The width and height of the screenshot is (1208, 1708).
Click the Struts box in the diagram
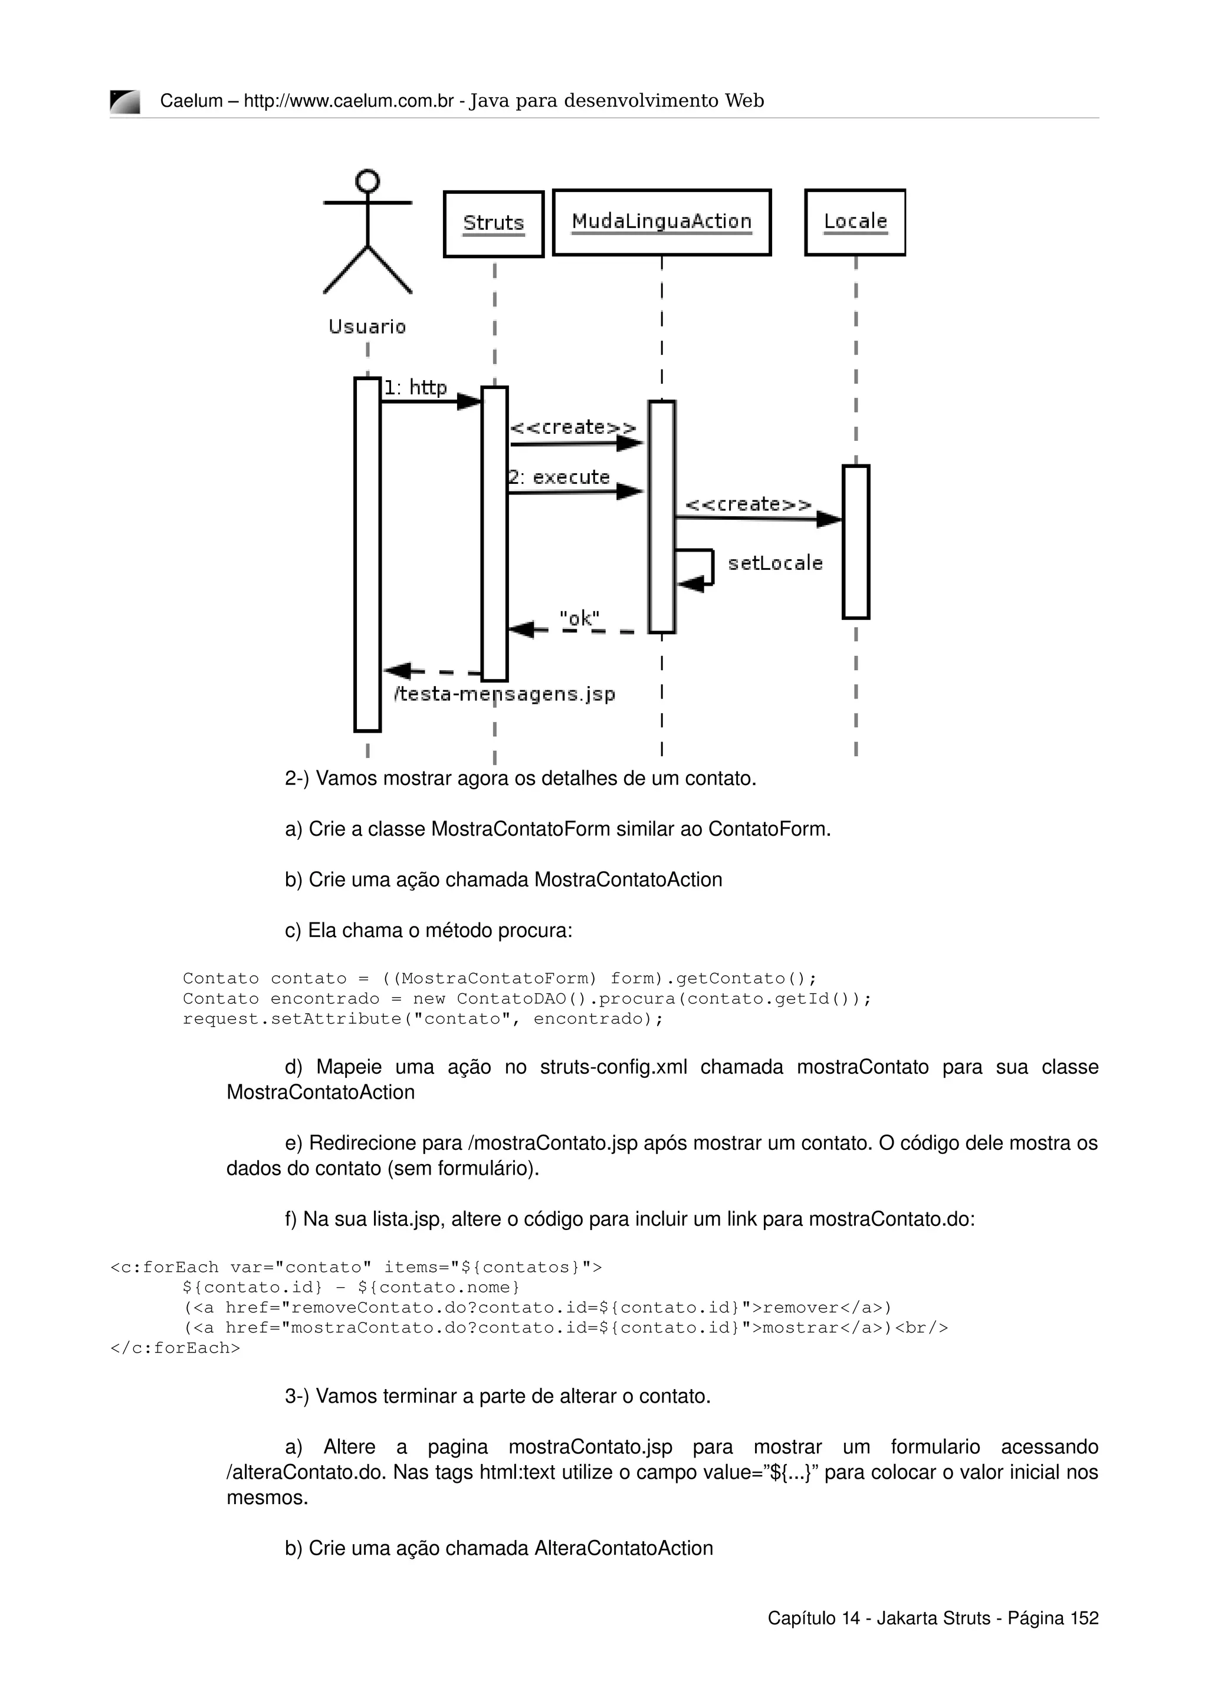point(494,224)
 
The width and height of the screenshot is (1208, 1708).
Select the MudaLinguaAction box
point(662,222)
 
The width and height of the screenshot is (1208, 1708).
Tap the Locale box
point(855,222)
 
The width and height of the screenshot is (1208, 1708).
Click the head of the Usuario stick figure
point(367,181)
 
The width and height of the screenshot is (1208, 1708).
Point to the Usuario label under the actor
point(367,327)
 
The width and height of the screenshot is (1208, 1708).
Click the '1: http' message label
point(415,388)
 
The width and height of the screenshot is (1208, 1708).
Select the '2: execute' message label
point(559,477)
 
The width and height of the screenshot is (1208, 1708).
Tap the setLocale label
point(775,563)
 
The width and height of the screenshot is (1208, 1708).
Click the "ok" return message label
point(579,618)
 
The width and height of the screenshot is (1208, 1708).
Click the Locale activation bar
point(856,542)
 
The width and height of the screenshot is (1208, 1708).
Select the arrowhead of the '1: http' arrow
point(469,402)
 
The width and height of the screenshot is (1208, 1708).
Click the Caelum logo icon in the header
point(124,102)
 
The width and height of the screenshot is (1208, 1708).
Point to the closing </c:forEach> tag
point(175,1347)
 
